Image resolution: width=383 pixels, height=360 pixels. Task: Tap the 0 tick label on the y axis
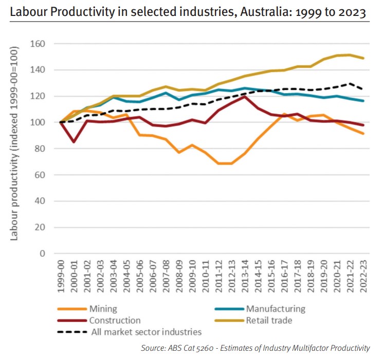[43, 254]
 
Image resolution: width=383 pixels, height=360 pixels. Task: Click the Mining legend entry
[103, 309]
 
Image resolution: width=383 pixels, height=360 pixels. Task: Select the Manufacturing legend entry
[276, 309]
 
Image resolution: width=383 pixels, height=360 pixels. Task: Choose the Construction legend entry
[114, 320]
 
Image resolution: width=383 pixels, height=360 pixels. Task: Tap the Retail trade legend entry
[269, 320]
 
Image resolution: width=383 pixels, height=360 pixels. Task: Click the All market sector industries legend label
[146, 332]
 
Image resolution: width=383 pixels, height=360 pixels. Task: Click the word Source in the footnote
[154, 348]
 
